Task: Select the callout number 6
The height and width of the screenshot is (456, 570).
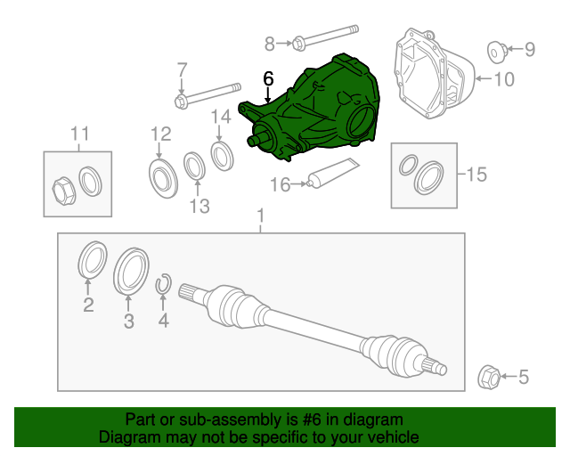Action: [x=268, y=78]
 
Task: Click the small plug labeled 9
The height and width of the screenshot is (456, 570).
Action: [x=495, y=50]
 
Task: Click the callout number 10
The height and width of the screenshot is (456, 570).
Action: [x=503, y=80]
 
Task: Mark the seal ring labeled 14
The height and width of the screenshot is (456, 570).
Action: [x=221, y=154]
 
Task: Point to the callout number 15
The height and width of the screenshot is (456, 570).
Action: [x=476, y=175]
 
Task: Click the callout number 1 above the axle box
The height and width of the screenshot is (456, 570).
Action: [x=260, y=216]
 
